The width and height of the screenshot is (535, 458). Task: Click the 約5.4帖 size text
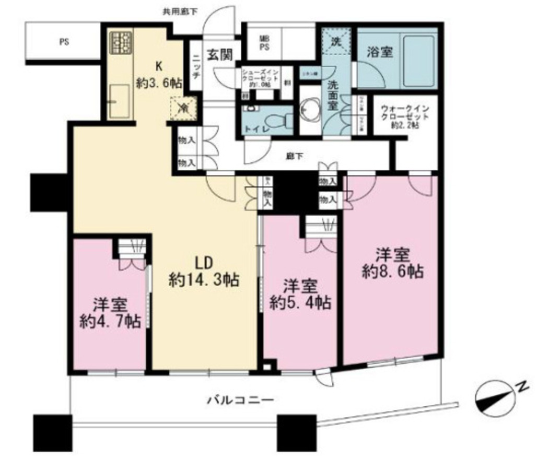[x=300, y=302]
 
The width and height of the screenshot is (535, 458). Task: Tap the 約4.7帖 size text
[x=110, y=321]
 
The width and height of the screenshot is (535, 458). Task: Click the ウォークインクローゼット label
[x=405, y=117]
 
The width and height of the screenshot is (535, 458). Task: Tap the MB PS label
[x=265, y=41]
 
